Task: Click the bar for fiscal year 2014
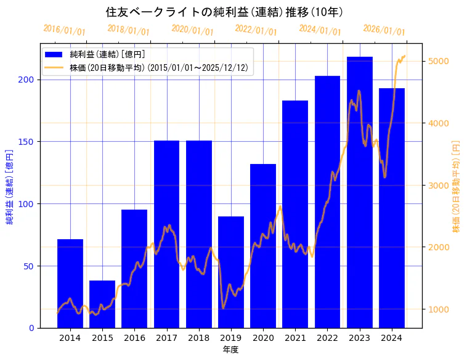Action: click(x=70, y=284)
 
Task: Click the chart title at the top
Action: click(x=224, y=12)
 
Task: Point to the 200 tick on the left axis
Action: click(x=29, y=80)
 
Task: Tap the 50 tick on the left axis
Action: click(x=31, y=266)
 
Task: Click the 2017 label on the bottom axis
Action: click(x=166, y=337)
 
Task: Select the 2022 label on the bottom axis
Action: click(x=327, y=337)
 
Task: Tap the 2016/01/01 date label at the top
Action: click(x=65, y=30)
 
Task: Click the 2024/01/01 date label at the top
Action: click(x=320, y=30)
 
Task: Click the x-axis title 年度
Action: click(x=230, y=349)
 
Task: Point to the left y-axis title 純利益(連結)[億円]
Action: click(x=10, y=186)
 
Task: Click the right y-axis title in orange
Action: click(x=457, y=186)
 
